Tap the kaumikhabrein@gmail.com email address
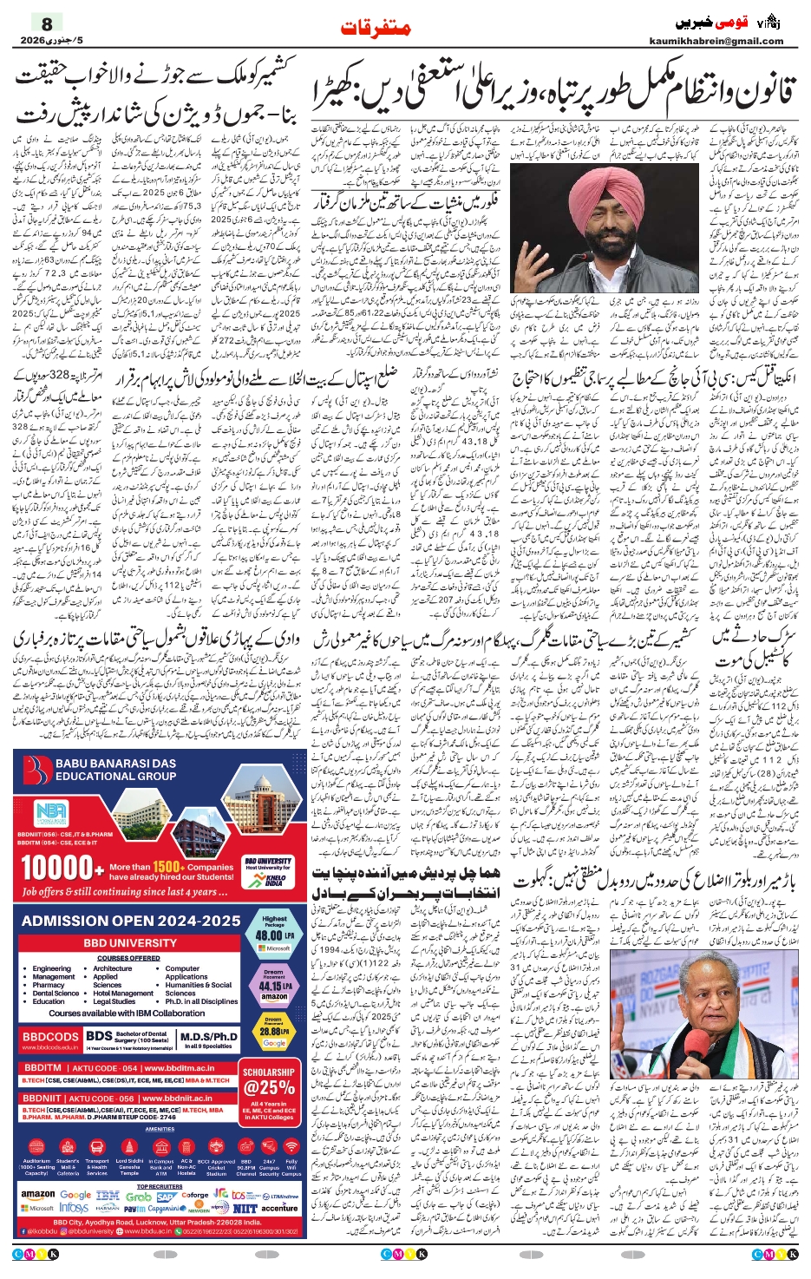(716, 41)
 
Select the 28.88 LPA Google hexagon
(274, 1032)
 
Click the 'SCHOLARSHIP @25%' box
(269, 1081)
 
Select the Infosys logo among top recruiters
(74, 1207)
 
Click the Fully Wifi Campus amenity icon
(291, 1166)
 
